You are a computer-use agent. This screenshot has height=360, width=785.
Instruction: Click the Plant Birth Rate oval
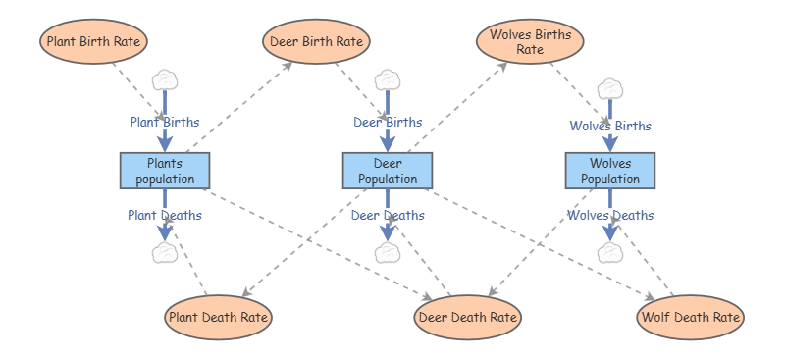click(x=93, y=41)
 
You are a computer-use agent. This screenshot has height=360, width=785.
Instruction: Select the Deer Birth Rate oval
click(x=316, y=41)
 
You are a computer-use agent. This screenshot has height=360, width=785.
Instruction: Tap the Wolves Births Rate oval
click(x=530, y=41)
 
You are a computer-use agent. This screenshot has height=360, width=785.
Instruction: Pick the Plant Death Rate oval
click(x=218, y=318)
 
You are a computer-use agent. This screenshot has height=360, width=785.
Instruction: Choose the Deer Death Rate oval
click(x=468, y=318)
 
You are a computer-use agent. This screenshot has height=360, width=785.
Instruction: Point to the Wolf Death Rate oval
click(x=691, y=318)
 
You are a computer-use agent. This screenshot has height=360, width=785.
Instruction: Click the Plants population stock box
click(x=165, y=171)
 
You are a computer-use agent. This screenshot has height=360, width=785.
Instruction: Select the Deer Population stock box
click(x=388, y=171)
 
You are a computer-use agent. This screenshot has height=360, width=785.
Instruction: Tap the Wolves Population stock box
click(x=610, y=171)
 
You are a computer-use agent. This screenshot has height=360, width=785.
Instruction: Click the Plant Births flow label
click(x=165, y=123)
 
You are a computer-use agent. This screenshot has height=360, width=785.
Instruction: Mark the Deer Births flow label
click(x=388, y=123)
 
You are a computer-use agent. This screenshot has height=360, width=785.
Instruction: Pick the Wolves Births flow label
click(x=610, y=126)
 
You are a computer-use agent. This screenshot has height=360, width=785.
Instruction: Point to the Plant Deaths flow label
click(x=165, y=215)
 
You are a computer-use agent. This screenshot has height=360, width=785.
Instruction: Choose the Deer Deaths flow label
click(x=388, y=215)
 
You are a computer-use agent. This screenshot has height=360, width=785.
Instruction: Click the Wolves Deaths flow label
click(x=610, y=215)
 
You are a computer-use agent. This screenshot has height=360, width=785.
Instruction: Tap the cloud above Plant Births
click(x=165, y=80)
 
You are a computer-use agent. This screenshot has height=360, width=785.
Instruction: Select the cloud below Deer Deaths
click(x=388, y=252)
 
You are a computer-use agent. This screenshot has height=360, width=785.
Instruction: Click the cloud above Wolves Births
click(x=610, y=89)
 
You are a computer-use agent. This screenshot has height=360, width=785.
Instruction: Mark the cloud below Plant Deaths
click(x=165, y=252)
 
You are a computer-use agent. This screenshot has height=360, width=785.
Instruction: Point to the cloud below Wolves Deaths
click(x=610, y=252)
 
